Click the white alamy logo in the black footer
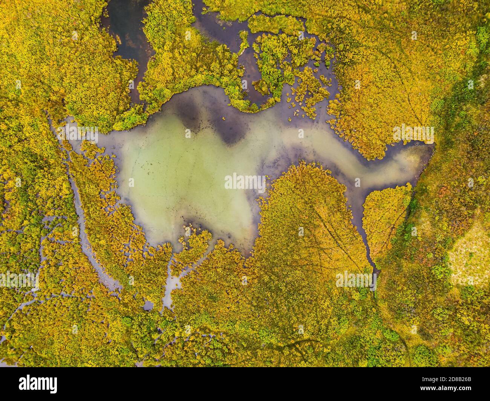click(x=38, y=383)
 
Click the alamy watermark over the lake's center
click(x=245, y=182)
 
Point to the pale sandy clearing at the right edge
click(x=471, y=256)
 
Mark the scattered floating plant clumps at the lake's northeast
click(x=305, y=94)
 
